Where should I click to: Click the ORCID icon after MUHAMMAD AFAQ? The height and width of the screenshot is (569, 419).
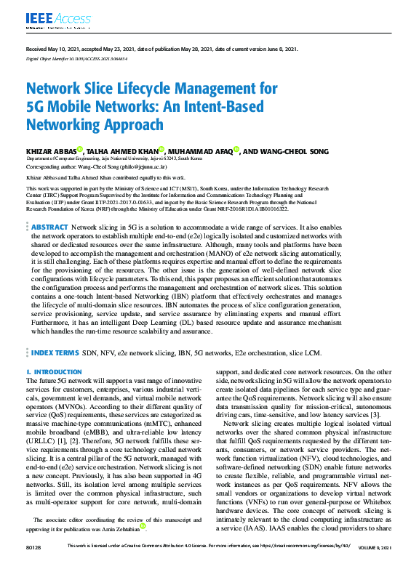tap(236, 150)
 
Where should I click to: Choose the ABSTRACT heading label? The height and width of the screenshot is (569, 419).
tap(49, 207)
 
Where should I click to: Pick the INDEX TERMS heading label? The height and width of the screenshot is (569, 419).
tap(55, 352)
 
